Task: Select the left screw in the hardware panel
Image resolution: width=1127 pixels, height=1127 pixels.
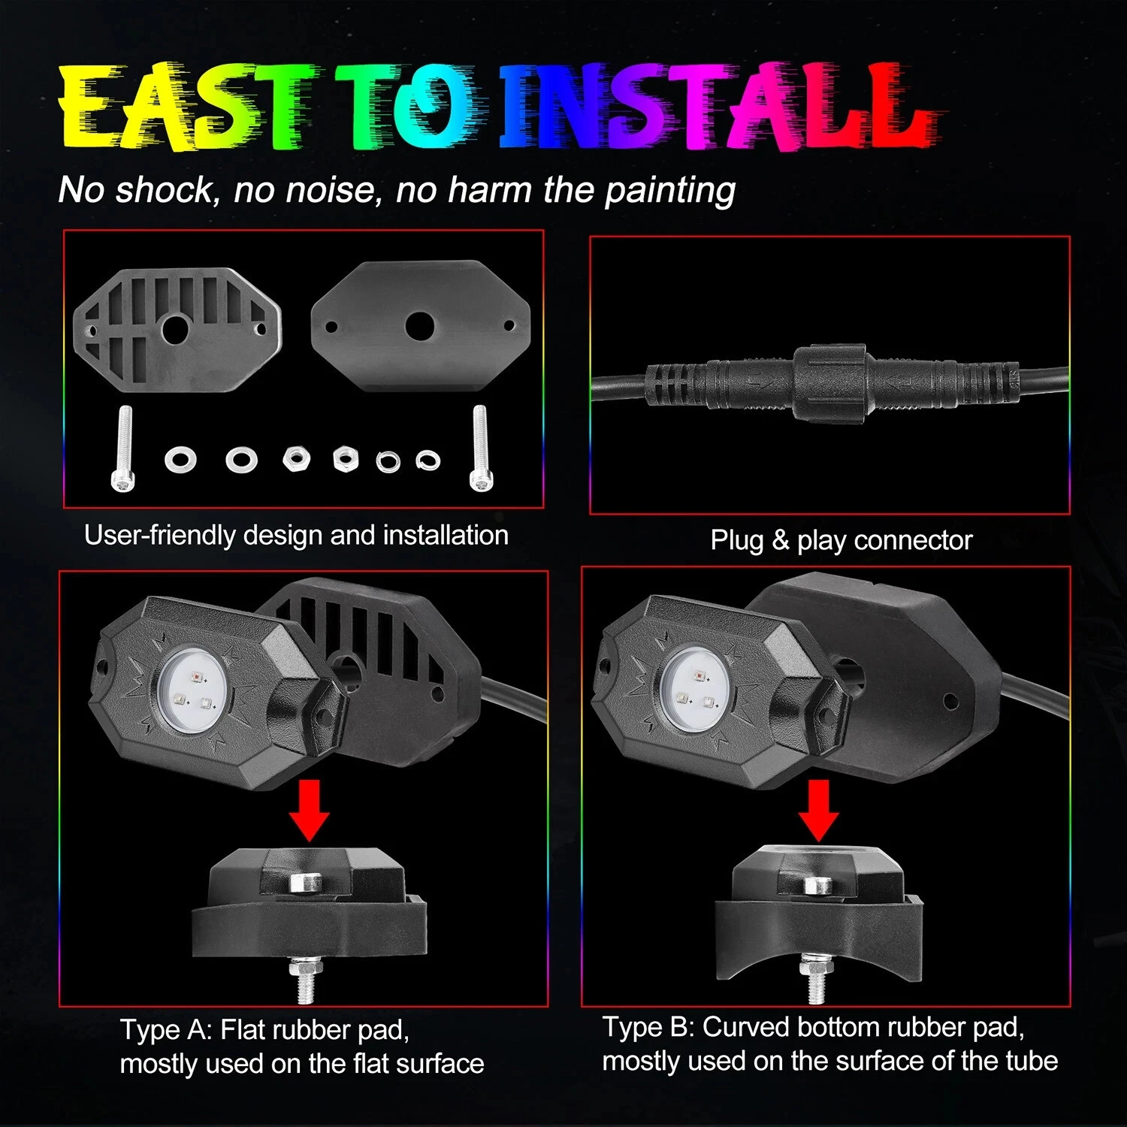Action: coord(123,449)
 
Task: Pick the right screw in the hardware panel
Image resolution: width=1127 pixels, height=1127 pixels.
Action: coord(479,449)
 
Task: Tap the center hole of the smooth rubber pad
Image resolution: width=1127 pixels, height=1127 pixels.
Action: coord(419,325)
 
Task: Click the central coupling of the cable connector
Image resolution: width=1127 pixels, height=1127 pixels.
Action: coord(830,384)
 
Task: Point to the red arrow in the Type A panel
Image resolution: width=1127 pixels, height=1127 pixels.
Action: coord(309,811)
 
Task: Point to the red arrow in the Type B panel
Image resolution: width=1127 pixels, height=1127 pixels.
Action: coord(818,811)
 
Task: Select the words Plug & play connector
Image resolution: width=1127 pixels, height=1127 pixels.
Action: coord(841,541)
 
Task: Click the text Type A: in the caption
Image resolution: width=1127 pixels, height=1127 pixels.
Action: coord(166,1030)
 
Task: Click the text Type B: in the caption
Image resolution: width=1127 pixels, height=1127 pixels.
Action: coord(648,1027)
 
